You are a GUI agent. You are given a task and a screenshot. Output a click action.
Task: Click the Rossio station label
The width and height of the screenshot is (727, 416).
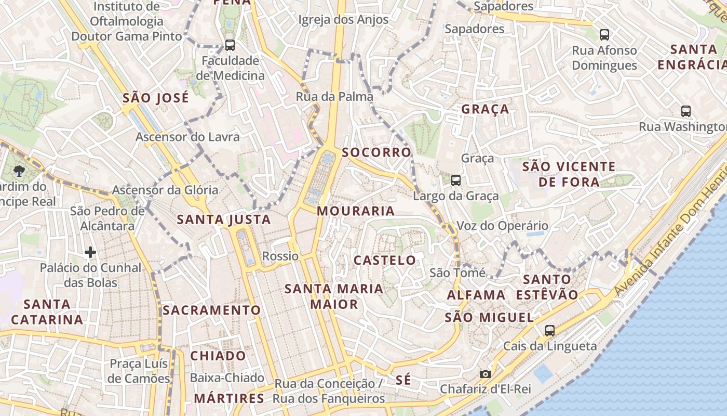280,256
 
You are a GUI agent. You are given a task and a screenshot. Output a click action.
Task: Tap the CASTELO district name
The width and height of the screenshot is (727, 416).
385,260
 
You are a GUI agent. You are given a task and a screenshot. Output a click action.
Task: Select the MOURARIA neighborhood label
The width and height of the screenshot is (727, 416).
356,211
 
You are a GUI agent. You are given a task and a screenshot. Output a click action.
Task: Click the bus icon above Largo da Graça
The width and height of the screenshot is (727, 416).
456,180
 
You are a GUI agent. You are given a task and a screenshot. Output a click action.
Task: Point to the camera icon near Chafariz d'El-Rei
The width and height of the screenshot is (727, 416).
486,374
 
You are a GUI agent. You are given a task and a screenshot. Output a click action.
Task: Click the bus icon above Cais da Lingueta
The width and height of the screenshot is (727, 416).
550,330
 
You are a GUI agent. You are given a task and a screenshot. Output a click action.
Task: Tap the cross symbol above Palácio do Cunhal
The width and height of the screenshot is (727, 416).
90,253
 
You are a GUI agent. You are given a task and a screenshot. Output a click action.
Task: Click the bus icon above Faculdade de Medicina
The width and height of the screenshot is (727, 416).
230,45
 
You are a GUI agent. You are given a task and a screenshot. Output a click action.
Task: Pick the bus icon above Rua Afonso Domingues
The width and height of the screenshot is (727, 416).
604,35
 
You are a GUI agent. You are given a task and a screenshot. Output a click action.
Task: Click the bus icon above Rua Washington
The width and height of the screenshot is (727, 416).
686,111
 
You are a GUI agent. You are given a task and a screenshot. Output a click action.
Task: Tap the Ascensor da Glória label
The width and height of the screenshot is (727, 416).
165,190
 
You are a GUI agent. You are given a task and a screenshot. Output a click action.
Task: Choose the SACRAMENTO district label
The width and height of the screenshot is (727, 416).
212,310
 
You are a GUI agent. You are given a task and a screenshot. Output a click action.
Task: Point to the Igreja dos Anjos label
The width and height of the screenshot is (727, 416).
343,20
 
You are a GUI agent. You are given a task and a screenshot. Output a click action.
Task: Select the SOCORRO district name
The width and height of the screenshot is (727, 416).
376,152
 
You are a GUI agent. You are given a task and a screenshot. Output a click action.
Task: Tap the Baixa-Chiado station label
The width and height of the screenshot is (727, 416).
227,378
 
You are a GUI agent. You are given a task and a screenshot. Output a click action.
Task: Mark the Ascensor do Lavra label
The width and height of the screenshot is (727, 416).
187,137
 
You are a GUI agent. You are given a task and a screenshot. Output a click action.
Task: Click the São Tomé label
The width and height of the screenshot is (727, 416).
457,272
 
